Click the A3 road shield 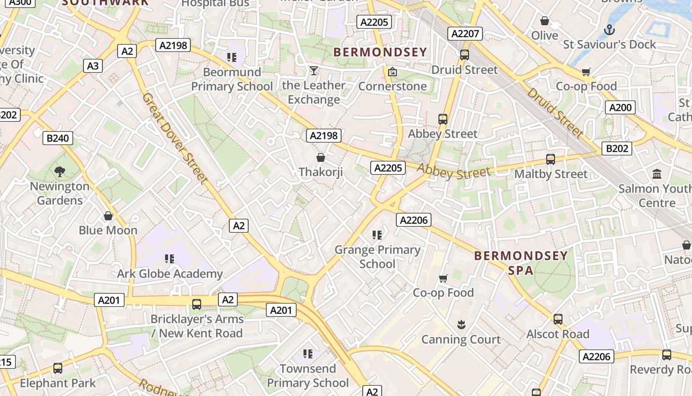tap(92, 66)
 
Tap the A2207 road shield tap(465, 34)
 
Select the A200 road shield tap(620, 107)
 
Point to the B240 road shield tap(57, 138)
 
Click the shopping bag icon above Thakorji tap(321, 157)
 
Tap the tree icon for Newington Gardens tap(60, 172)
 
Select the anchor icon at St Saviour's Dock tap(609, 30)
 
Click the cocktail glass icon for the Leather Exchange tap(313, 71)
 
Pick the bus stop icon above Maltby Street tap(551, 159)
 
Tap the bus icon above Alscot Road tap(558, 319)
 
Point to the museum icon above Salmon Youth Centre tap(657, 174)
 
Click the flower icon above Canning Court tap(461, 325)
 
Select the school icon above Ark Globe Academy tap(170, 258)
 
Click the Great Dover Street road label tap(173, 138)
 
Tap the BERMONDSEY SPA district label tap(521, 263)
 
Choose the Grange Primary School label tap(377, 256)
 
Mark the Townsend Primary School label tap(307, 376)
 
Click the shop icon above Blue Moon tap(108, 216)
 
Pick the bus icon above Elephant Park tap(58, 368)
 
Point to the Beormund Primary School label tap(232, 79)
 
